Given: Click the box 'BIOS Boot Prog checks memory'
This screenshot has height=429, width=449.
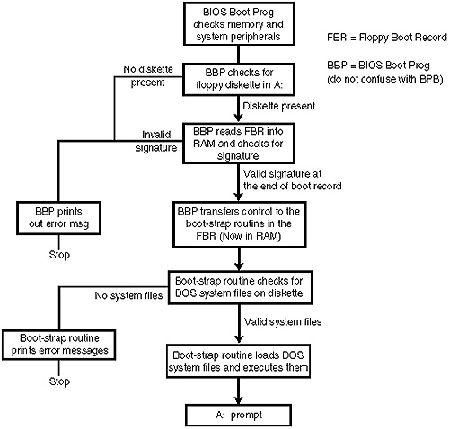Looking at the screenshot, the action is (239, 24).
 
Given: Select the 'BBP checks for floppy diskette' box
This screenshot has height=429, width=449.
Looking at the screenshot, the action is (239, 79).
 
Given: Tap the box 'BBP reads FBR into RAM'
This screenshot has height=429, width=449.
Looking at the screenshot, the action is (239, 144).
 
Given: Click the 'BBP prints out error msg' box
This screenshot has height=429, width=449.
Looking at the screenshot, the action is (58, 218).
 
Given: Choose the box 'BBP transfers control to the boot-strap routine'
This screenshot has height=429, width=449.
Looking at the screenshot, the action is (240, 224).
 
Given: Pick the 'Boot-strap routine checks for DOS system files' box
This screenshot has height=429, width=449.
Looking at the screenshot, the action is (240, 287).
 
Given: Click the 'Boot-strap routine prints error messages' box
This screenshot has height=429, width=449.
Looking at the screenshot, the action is (59, 345).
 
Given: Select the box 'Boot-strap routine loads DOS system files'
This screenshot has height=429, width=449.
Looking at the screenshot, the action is (238, 361).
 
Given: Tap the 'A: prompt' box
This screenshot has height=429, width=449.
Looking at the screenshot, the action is (239, 416).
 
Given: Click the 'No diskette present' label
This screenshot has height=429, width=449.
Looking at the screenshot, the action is (148, 75).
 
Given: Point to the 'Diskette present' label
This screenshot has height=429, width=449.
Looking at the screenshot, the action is (279, 106).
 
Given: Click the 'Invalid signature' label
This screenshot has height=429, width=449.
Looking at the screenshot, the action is (156, 141).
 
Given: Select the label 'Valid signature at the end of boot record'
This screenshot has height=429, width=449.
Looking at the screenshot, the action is (293, 179).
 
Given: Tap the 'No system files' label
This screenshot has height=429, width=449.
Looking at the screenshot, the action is (128, 295).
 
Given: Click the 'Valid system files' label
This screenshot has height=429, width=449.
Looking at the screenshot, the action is (283, 321).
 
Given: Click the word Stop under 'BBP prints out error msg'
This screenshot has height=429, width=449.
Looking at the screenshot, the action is (59, 255).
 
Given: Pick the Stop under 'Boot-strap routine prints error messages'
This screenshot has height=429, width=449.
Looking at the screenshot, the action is (59, 381).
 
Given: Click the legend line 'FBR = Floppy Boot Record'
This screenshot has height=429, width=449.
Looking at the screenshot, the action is (387, 38).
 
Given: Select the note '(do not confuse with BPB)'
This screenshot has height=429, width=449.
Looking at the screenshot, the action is (385, 79).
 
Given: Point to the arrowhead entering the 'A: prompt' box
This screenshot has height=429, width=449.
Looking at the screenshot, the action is (239, 400).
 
